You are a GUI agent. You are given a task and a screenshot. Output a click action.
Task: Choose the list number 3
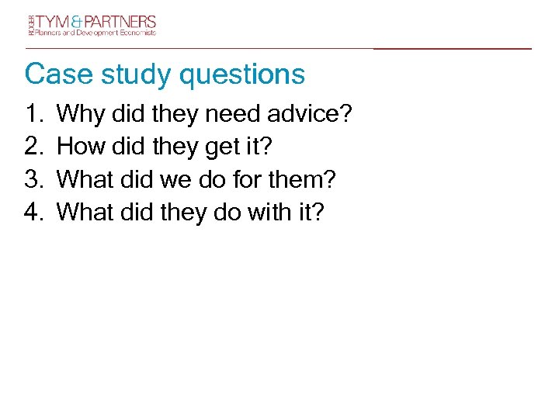34,179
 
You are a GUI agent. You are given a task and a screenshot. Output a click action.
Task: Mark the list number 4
34,211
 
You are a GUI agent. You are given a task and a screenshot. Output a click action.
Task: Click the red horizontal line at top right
453,49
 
